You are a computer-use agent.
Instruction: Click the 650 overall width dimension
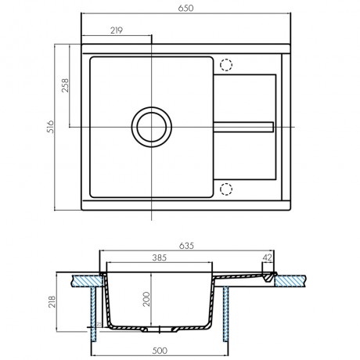pyautogui.click(x=185, y=9)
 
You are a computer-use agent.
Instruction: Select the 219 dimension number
pyautogui.click(x=117, y=31)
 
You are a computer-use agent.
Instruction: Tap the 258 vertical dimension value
pyautogui.click(x=65, y=85)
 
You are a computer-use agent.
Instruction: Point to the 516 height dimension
pyautogui.click(x=50, y=127)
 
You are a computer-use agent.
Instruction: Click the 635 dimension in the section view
pyautogui.click(x=186, y=246)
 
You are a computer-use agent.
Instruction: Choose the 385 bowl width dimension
pyautogui.click(x=160, y=257)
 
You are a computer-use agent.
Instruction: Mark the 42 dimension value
pyautogui.click(x=267, y=257)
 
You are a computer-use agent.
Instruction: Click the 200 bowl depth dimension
pyautogui.click(x=146, y=299)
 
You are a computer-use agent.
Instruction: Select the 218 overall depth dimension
pyautogui.click(x=52, y=301)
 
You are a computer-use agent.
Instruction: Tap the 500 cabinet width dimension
pyautogui.click(x=160, y=351)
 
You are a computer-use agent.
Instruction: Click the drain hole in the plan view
pyautogui.click(x=152, y=127)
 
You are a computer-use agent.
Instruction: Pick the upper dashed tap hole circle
pyautogui.click(x=226, y=65)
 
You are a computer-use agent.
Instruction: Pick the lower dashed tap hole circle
pyautogui.click(x=226, y=189)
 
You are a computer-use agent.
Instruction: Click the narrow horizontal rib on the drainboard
pyautogui.click(x=243, y=127)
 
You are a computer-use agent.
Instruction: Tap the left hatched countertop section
pyautogui.click(x=88, y=281)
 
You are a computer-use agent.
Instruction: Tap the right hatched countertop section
pyautogui.click(x=290, y=281)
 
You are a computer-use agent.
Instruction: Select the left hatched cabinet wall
pyautogui.click(x=93, y=314)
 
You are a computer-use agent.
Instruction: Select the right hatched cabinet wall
pyautogui.click(x=226, y=314)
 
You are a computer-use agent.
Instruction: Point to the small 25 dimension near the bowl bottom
pyautogui.click(x=99, y=324)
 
